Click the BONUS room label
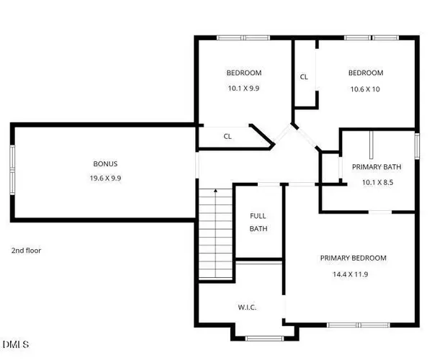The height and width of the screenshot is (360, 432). [105, 163]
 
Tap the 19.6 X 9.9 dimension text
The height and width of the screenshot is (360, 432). [105, 178]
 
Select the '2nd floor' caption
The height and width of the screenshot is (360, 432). [26, 251]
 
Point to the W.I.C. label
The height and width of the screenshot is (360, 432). [247, 307]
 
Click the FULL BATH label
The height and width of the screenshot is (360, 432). [258, 222]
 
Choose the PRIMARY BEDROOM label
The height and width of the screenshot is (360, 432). [354, 258]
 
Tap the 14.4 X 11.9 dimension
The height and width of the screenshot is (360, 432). [354, 274]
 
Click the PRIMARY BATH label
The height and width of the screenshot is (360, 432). [377, 167]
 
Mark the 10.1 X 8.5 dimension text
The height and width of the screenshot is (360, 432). [377, 182]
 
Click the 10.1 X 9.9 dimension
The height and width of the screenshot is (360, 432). [243, 88]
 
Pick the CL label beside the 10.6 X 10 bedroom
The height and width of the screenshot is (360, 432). [304, 77]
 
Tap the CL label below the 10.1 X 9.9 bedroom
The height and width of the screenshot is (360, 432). [228, 135]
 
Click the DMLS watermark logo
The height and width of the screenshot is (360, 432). [16, 344]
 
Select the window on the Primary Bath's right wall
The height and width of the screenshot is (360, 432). [416, 145]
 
